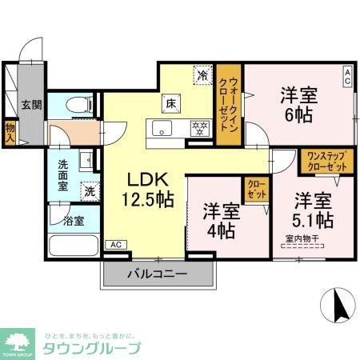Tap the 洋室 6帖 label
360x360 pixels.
point(298,105)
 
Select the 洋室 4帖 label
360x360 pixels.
point(218,222)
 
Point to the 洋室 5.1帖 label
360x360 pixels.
point(313,209)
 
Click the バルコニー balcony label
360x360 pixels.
point(158,274)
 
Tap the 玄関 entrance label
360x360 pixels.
point(31,105)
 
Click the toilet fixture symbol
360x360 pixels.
point(77,104)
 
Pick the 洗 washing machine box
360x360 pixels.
point(90,192)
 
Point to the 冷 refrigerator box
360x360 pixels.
point(202,77)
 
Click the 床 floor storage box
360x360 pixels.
point(171,102)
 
